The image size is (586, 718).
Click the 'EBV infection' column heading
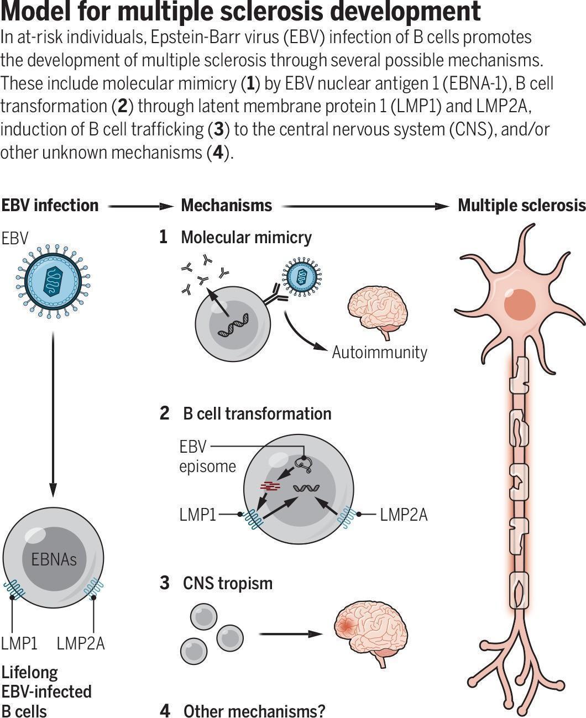click(x=50, y=206)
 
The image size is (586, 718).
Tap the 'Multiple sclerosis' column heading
click(x=521, y=206)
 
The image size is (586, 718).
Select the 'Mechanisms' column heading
click(x=227, y=206)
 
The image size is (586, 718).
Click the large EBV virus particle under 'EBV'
click(x=54, y=279)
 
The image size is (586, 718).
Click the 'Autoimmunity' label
click(x=379, y=352)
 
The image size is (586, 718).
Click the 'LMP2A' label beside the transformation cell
click(x=404, y=515)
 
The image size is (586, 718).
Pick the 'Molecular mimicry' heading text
click(x=246, y=238)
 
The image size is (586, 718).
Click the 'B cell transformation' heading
click(x=257, y=413)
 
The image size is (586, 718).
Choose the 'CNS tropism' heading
click(x=228, y=583)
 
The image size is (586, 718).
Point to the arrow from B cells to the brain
click(x=290, y=634)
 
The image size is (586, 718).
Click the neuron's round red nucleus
click(x=519, y=305)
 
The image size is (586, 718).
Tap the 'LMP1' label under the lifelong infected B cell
click(x=19, y=643)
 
